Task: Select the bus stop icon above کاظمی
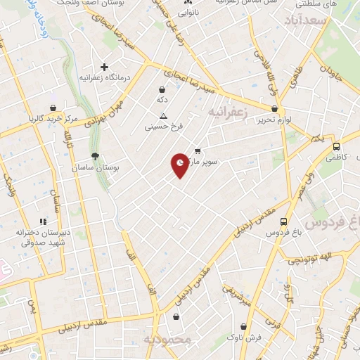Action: [x=336, y=147]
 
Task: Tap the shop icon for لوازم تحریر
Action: [x=275, y=108]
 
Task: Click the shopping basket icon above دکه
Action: [x=162, y=89]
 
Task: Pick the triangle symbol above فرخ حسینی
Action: [x=163, y=115]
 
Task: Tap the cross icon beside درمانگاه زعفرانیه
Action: [x=105, y=67]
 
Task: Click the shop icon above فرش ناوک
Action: [x=243, y=326]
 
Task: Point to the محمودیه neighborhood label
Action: [x=167, y=340]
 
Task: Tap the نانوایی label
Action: [x=188, y=13]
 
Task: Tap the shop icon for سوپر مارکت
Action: [x=198, y=150]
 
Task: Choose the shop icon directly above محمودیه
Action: [x=175, y=317]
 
